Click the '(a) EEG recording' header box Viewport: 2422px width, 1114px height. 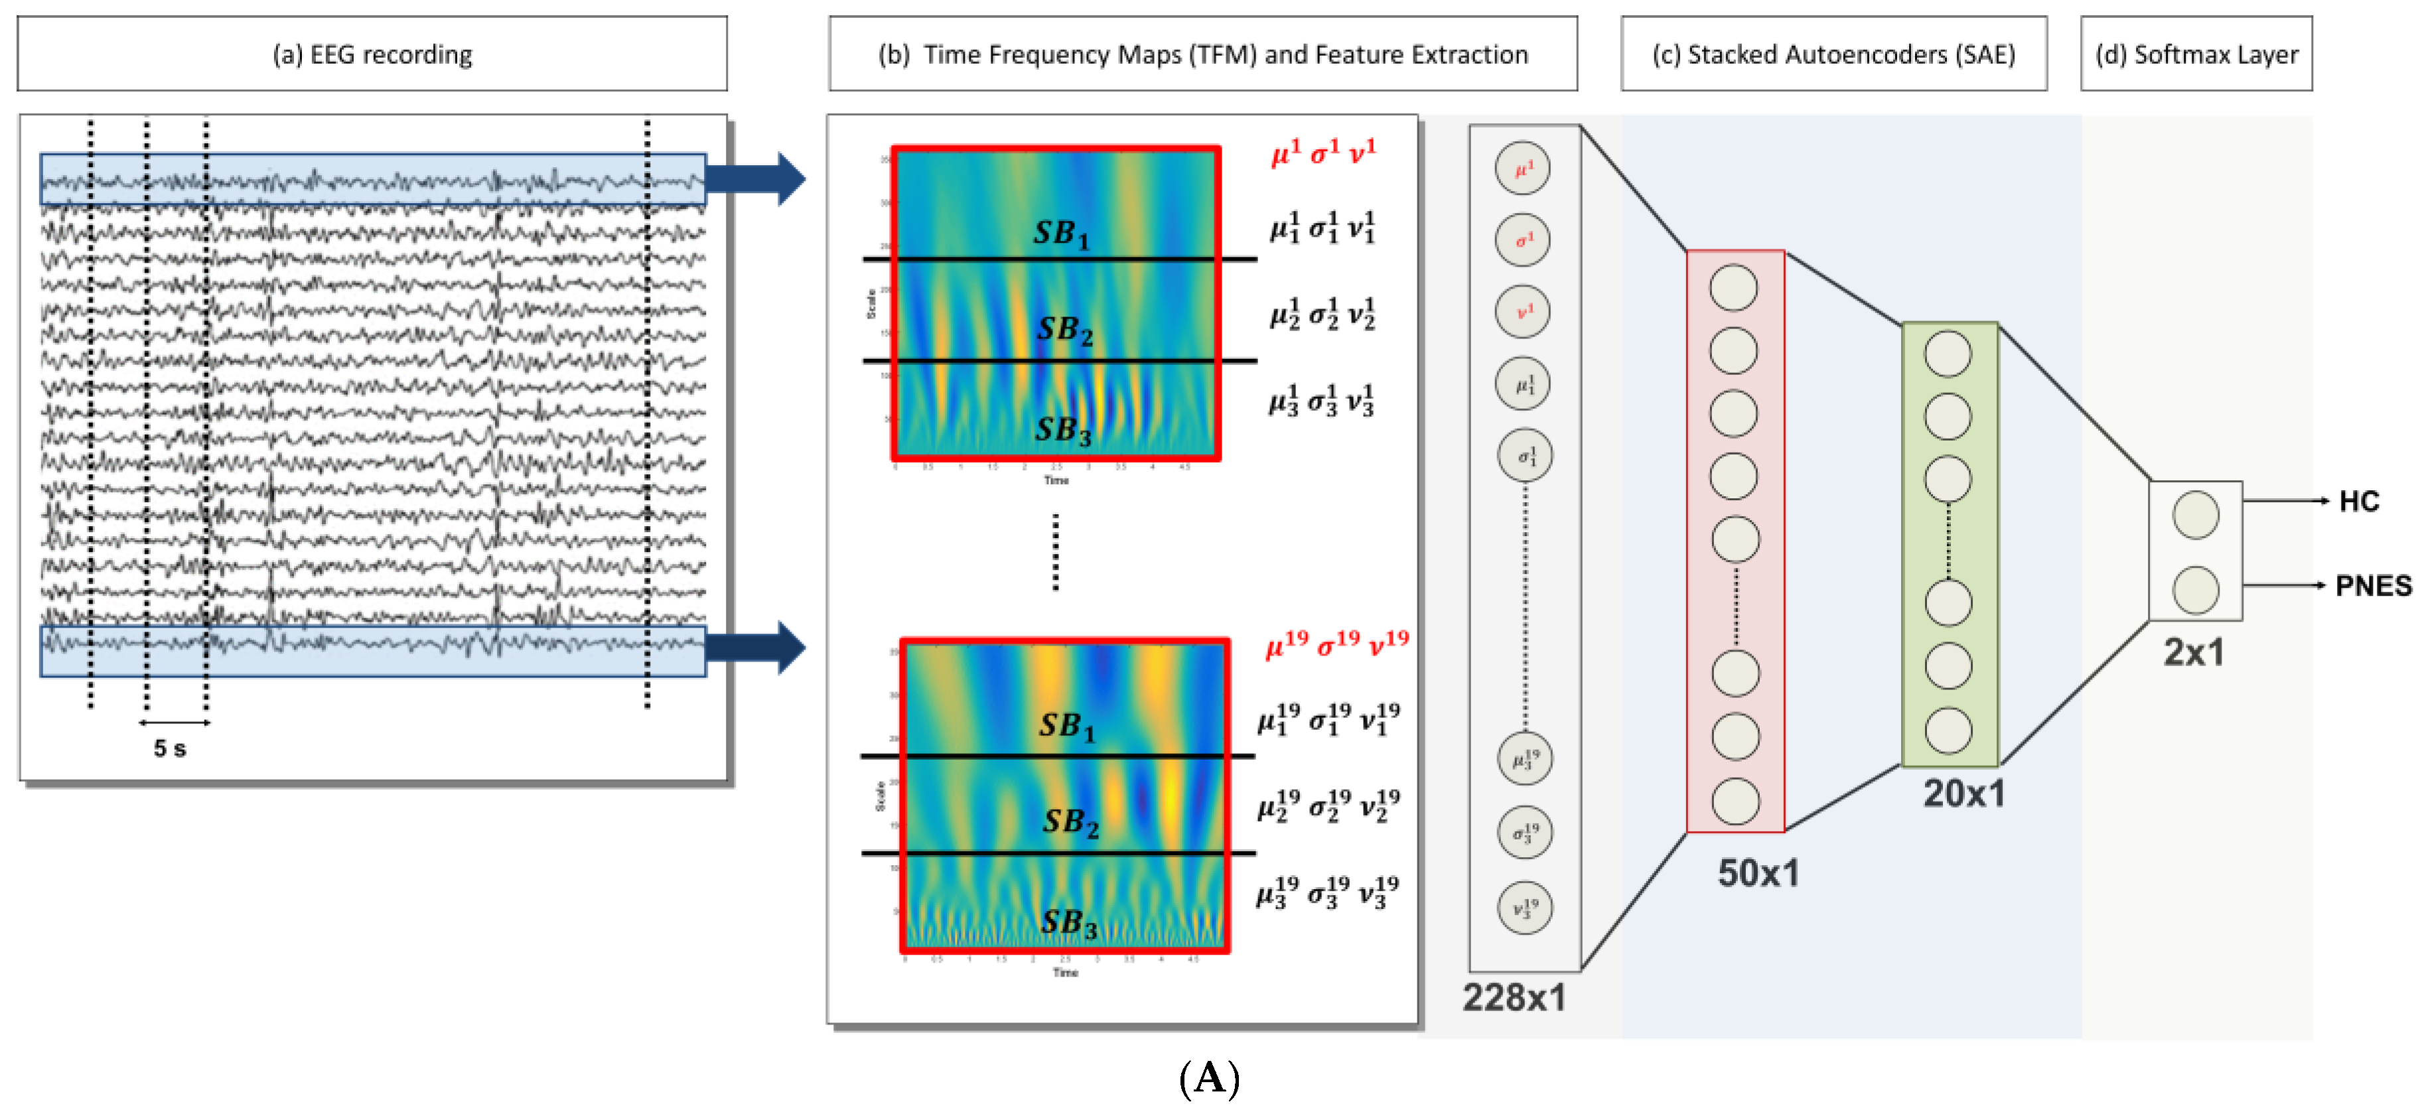click(x=372, y=54)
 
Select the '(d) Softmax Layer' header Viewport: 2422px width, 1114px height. click(x=2196, y=54)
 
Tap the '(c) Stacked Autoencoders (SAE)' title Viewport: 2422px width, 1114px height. click(x=1833, y=54)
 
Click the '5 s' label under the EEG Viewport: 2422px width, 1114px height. click(x=170, y=748)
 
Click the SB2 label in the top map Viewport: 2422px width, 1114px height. click(x=1064, y=330)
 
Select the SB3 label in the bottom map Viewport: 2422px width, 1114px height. click(x=1068, y=923)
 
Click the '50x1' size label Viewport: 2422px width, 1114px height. click(x=1757, y=873)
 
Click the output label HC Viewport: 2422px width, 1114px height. click(x=2358, y=501)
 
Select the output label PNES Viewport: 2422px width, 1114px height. click(x=2373, y=586)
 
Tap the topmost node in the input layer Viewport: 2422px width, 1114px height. click(x=1522, y=169)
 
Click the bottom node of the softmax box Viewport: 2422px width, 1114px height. click(x=2196, y=589)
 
